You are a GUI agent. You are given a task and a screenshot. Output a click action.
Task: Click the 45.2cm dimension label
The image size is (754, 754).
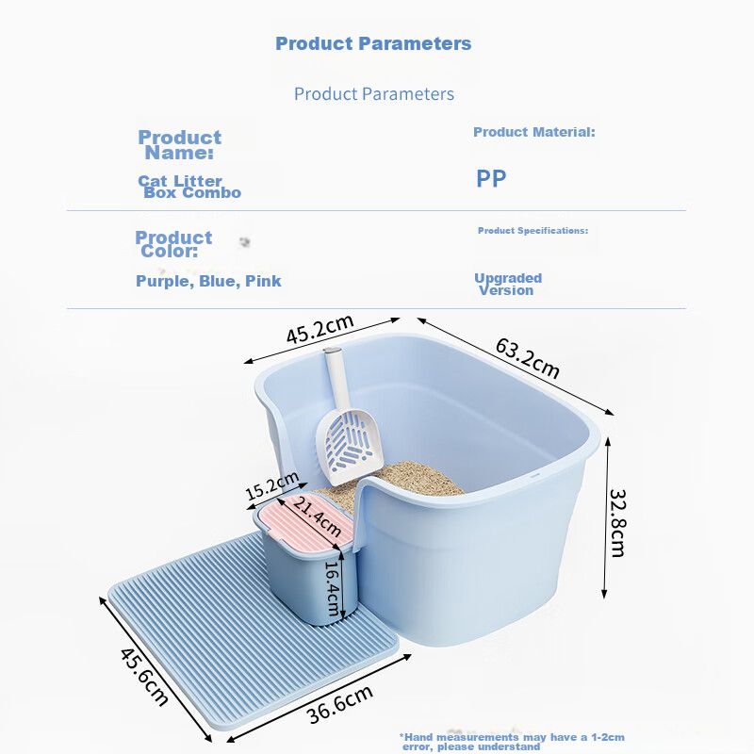pos(320,329)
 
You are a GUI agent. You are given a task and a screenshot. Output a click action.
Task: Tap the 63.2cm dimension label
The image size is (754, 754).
pos(528,358)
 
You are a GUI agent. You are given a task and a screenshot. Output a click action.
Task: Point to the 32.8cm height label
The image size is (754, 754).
pos(618,523)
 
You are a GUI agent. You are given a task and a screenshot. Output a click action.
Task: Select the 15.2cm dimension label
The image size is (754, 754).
pos(272,485)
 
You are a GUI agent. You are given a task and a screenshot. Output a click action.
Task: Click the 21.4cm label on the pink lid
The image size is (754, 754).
pos(317,516)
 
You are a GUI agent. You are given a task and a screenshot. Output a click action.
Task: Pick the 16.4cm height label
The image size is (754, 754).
pos(333,588)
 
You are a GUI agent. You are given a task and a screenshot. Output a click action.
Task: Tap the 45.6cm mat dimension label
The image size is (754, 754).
pos(144,677)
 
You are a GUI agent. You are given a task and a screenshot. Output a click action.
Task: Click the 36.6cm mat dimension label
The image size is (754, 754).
pos(340,703)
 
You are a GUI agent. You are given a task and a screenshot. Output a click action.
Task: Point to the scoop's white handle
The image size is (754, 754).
pos(336,379)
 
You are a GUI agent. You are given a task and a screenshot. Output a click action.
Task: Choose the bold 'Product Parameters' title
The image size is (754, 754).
pos(373,43)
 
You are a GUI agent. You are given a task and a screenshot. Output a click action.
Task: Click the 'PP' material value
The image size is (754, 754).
pos(491,178)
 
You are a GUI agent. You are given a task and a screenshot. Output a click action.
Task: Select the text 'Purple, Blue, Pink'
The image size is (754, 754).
pos(208,281)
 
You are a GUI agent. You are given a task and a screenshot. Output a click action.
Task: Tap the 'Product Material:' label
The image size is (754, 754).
pos(533,132)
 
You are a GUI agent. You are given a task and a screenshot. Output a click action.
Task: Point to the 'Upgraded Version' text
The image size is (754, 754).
pos(508,285)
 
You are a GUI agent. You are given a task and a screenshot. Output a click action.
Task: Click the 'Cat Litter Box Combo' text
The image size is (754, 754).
pos(189,187)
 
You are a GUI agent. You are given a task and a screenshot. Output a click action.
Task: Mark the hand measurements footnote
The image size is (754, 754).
pos(512,742)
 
